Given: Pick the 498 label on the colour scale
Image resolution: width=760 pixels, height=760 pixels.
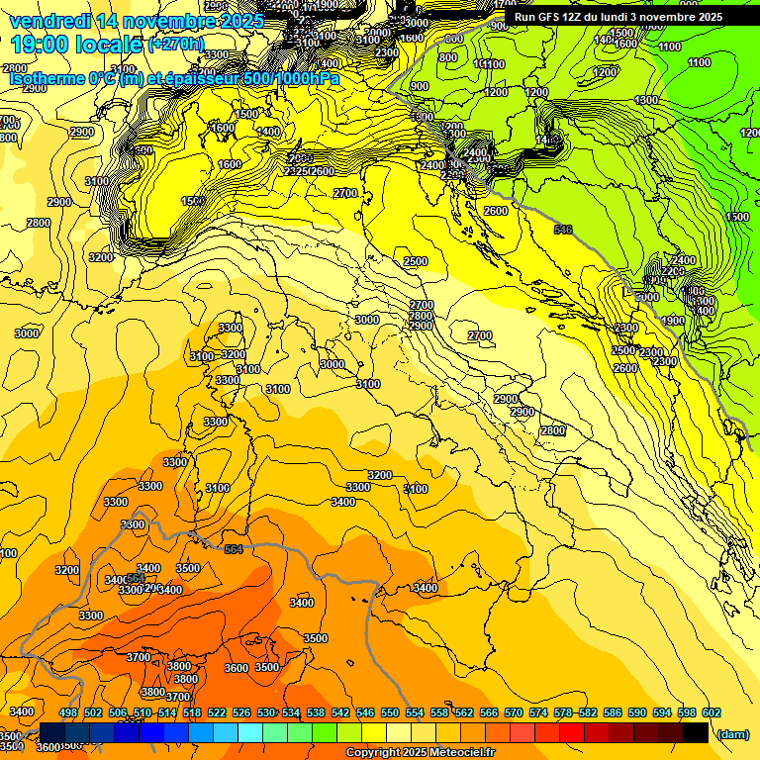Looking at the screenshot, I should (x=68, y=713).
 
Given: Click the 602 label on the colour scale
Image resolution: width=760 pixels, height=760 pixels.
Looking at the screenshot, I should (x=712, y=713).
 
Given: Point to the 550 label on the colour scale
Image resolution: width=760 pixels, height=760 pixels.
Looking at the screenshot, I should (x=390, y=713).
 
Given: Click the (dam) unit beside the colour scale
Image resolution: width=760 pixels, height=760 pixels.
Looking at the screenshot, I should (x=733, y=734).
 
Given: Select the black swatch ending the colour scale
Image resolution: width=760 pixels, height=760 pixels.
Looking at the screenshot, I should (x=696, y=732).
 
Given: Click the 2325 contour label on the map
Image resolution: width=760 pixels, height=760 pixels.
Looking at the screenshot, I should (x=296, y=171).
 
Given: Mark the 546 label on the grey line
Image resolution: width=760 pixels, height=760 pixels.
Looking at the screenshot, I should (x=563, y=231).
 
